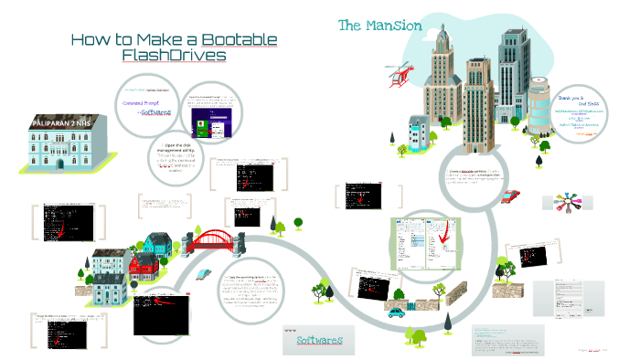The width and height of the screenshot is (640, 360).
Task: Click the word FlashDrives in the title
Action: click(x=173, y=56)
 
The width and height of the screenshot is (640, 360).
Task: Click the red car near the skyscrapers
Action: click(x=510, y=195)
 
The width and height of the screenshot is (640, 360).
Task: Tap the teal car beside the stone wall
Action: click(x=396, y=312)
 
